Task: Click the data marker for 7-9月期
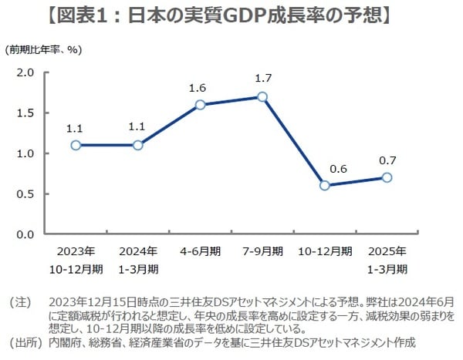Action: pyautogui.click(x=262, y=97)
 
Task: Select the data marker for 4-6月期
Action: pyautogui.click(x=200, y=105)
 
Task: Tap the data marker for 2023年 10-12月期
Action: pyautogui.click(x=76, y=145)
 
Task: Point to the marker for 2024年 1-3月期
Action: pyautogui.click(x=138, y=145)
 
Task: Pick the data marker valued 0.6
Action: pyautogui.click(x=325, y=185)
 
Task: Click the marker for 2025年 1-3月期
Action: pyautogui.click(x=387, y=177)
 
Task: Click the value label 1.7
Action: pyautogui.click(x=262, y=79)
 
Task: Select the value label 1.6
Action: pyautogui.click(x=198, y=88)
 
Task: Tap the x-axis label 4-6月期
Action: pyautogui.click(x=201, y=251)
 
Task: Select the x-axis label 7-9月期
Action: pyautogui.click(x=262, y=251)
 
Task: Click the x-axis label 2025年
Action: pyautogui.click(x=387, y=251)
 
